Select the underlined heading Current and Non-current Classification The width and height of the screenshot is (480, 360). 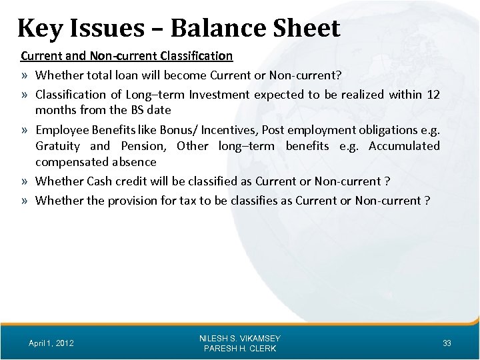(127, 55)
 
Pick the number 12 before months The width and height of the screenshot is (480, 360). (433, 95)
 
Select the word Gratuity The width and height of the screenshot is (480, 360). (58, 146)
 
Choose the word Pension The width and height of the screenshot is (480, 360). (141, 146)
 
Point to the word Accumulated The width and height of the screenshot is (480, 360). (403, 146)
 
